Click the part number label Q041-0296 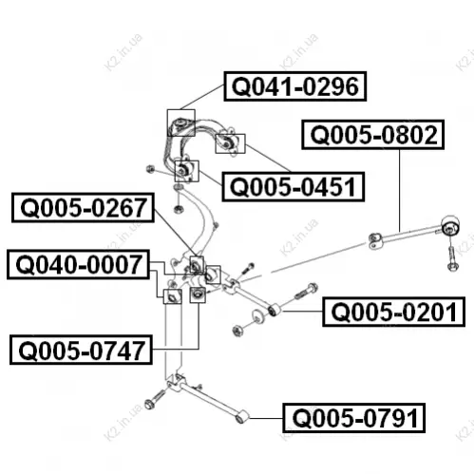coord(295,86)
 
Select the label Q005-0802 coord(373,135)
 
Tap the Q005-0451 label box coord(294,187)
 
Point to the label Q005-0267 coord(83,208)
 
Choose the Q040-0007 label coord(78,265)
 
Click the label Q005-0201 coord(394,312)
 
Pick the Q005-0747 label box coord(81,350)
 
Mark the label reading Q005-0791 coord(354,418)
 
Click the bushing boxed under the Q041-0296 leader coord(180,123)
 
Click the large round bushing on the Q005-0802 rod coord(450,226)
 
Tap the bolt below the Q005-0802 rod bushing coord(451,258)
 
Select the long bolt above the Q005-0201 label coord(306,292)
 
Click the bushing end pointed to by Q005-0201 coord(275,310)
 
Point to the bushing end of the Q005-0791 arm coord(242,417)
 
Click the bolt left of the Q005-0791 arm coord(154,399)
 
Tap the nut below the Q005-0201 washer coord(237,331)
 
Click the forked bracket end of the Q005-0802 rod coord(375,241)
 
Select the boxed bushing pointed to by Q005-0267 coord(197,265)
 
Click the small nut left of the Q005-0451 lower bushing coord(150,169)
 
